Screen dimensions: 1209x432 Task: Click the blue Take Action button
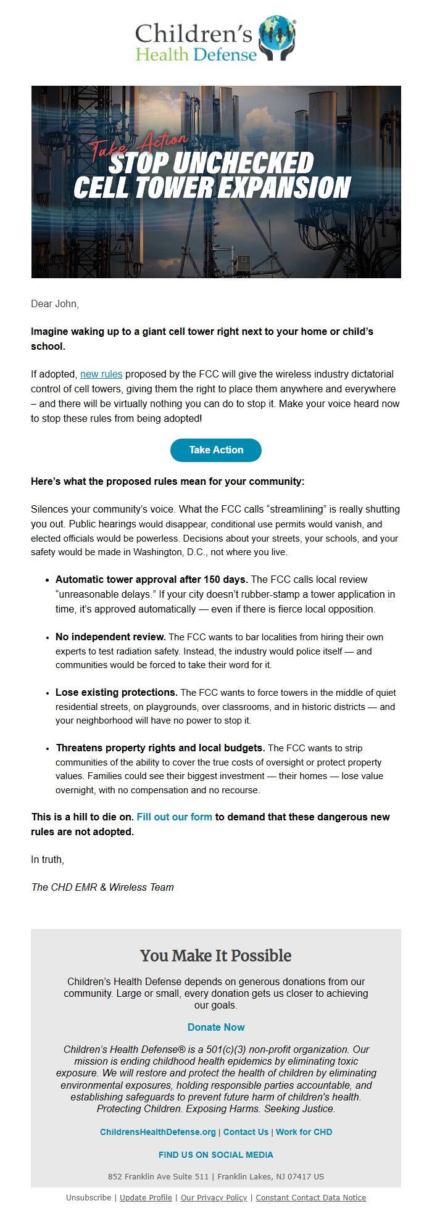[216, 450]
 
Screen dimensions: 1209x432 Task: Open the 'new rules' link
[101, 374]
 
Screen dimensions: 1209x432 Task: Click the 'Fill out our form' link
[174, 817]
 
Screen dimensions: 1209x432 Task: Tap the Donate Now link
[216, 1028]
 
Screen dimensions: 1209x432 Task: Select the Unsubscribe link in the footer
[88, 1198]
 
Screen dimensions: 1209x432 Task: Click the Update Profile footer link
[146, 1198]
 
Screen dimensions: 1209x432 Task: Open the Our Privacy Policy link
[214, 1198]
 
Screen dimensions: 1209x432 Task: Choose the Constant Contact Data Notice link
[310, 1198]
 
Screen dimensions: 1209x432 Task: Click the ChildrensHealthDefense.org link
[158, 1133]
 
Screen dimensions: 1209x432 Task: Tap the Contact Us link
[246, 1133]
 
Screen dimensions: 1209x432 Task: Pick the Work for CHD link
[304, 1133]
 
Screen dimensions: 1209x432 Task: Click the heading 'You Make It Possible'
[216, 956]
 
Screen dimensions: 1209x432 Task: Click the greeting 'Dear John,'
[55, 304]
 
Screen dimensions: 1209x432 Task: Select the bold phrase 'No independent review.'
[110, 637]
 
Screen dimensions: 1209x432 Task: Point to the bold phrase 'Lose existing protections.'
[117, 693]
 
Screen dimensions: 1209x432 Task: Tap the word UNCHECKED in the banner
[243, 163]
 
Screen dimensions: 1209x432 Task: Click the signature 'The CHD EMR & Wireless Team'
[102, 888]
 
